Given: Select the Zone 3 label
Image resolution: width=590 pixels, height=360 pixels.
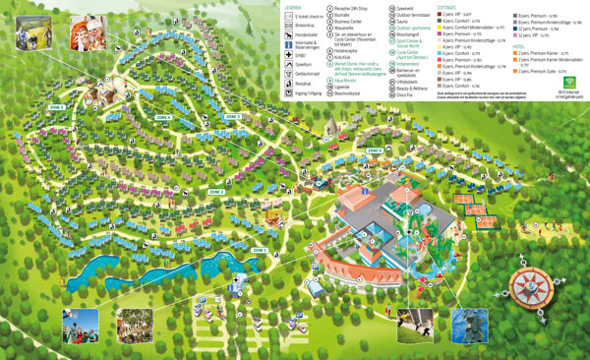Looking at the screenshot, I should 232,117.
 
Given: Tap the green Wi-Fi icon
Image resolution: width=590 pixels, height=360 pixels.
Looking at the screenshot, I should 560,86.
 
